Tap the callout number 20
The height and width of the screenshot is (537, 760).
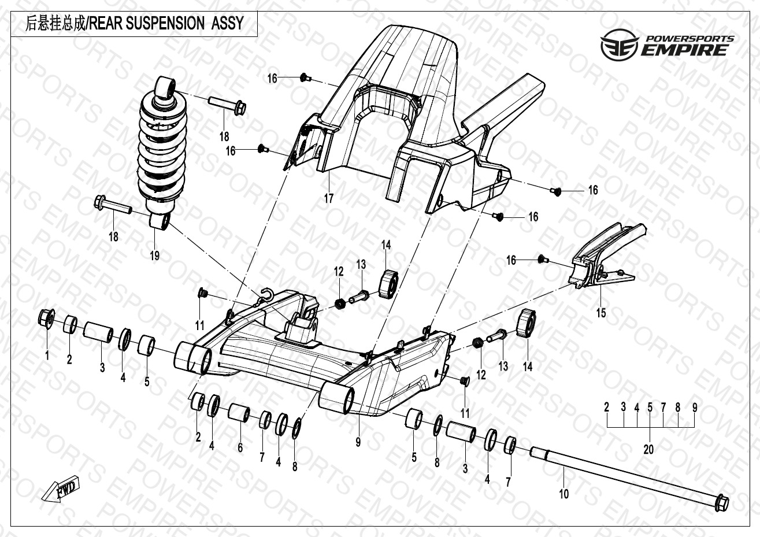point(648,449)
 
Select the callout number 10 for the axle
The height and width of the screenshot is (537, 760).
point(564,494)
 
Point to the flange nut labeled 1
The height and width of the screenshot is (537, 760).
point(46,317)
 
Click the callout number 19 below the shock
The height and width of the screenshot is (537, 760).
point(154,255)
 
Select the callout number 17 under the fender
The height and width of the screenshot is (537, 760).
point(328,199)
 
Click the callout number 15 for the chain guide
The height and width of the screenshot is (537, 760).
point(601,313)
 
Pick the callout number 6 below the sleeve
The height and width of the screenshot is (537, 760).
point(240,447)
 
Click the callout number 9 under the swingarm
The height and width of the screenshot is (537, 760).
point(358,442)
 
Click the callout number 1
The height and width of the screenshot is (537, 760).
point(47,355)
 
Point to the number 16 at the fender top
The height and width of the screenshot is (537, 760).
point(272,79)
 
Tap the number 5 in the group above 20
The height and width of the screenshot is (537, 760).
point(650,408)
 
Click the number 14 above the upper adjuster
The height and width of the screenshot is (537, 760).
point(386,245)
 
